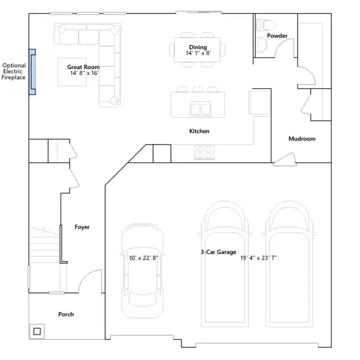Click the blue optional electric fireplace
pos(33,72)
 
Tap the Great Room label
pos(83,67)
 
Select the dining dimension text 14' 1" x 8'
pos(198,53)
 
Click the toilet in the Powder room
pos(266,25)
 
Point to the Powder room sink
pos(262,44)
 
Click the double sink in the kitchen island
pos(200,109)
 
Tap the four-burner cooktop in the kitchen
pos(204,152)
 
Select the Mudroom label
pos(302,139)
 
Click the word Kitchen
pos(199,131)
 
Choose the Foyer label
pos(82,227)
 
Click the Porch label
pos(66,314)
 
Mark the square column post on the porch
pos(37,331)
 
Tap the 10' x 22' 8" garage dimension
pos(144,258)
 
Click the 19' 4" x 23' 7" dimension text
pos(259,258)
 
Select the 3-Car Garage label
pos(218,252)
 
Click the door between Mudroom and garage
pos(285,159)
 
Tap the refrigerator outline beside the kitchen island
pos(259,102)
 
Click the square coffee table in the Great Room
pos(72,72)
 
